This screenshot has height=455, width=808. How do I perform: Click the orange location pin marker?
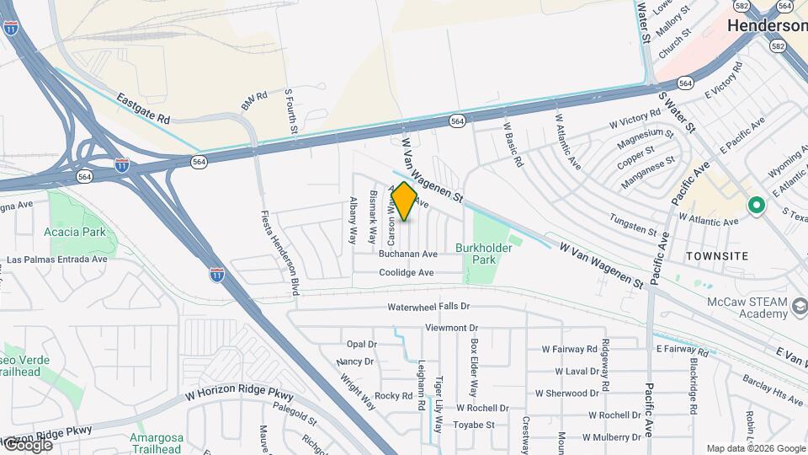click(x=404, y=201)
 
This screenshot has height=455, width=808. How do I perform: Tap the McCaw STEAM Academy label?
click(x=747, y=308)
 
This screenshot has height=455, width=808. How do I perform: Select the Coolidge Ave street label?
click(x=406, y=273)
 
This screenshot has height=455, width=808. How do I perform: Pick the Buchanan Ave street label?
click(x=408, y=254)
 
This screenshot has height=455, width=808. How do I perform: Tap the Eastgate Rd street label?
click(x=143, y=110)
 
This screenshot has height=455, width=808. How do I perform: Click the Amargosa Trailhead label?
click(x=156, y=443)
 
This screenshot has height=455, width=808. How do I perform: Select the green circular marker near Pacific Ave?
click(x=756, y=204)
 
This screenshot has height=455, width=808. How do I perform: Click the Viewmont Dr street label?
click(x=451, y=327)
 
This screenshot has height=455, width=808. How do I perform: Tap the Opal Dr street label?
click(x=361, y=344)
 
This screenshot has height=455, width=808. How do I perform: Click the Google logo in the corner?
click(x=27, y=444)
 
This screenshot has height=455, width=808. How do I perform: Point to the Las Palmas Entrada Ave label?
click(x=56, y=260)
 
